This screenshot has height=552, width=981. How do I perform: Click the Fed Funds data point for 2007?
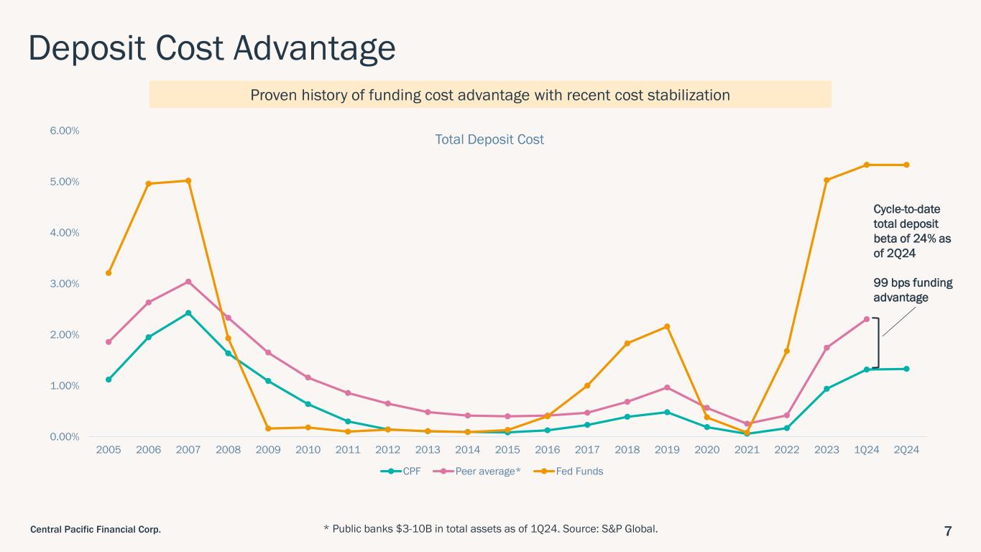click(x=188, y=180)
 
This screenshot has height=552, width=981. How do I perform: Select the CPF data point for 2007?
click(x=188, y=313)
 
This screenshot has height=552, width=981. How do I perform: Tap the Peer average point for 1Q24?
click(x=867, y=319)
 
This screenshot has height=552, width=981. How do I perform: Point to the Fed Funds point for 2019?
click(x=667, y=326)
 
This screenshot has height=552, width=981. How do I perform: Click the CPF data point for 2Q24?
click(x=906, y=369)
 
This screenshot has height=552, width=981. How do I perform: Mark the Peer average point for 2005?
click(x=109, y=342)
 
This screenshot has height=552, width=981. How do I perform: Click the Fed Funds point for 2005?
click(x=109, y=273)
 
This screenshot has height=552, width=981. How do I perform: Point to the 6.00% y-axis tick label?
click(x=65, y=131)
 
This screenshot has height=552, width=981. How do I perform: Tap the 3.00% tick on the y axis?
click(x=65, y=284)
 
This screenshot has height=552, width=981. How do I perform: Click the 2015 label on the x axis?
click(x=507, y=450)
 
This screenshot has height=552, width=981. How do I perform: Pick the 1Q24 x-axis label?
click(x=867, y=450)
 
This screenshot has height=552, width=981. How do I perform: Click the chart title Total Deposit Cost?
click(x=489, y=139)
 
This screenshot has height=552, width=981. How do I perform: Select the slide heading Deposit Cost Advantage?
click(x=212, y=48)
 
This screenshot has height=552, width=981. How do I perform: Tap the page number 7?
click(x=948, y=531)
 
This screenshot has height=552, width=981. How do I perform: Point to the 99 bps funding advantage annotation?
click(x=912, y=290)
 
